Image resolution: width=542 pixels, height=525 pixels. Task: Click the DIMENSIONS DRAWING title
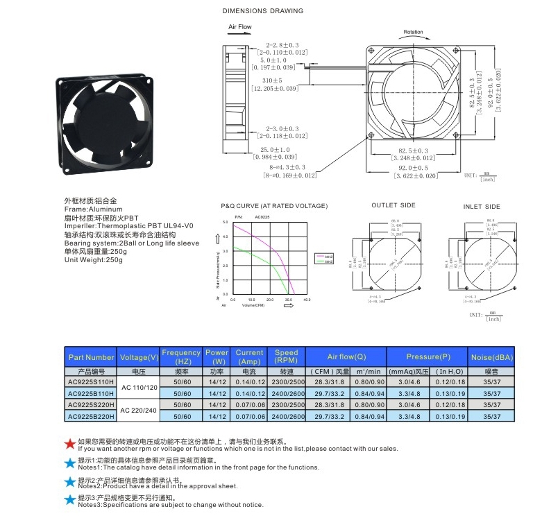tap(262, 11)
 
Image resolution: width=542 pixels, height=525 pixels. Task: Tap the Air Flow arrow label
tap(240, 27)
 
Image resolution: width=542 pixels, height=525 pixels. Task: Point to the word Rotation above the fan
tap(413, 32)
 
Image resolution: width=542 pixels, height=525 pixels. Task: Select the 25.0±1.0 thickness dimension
tap(275, 150)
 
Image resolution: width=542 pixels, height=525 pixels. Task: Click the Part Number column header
tap(91, 357)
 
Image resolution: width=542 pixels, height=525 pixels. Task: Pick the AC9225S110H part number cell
tap(91, 382)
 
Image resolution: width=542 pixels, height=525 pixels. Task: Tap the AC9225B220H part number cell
tap(91, 416)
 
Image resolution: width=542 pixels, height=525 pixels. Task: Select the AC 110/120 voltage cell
tap(139, 388)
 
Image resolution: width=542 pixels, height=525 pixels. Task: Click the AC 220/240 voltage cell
tap(139, 411)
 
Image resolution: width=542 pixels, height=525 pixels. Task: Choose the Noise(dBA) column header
tap(491, 357)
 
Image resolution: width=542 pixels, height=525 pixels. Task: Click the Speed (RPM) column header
tap(286, 357)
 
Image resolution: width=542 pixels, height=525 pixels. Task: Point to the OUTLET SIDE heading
tap(393, 205)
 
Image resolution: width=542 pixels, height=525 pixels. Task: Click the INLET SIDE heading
tap(482, 207)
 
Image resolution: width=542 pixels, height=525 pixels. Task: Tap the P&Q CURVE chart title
tap(274, 206)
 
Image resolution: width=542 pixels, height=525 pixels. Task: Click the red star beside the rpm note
tap(69, 444)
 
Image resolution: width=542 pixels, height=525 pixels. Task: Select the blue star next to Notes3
tap(69, 500)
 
